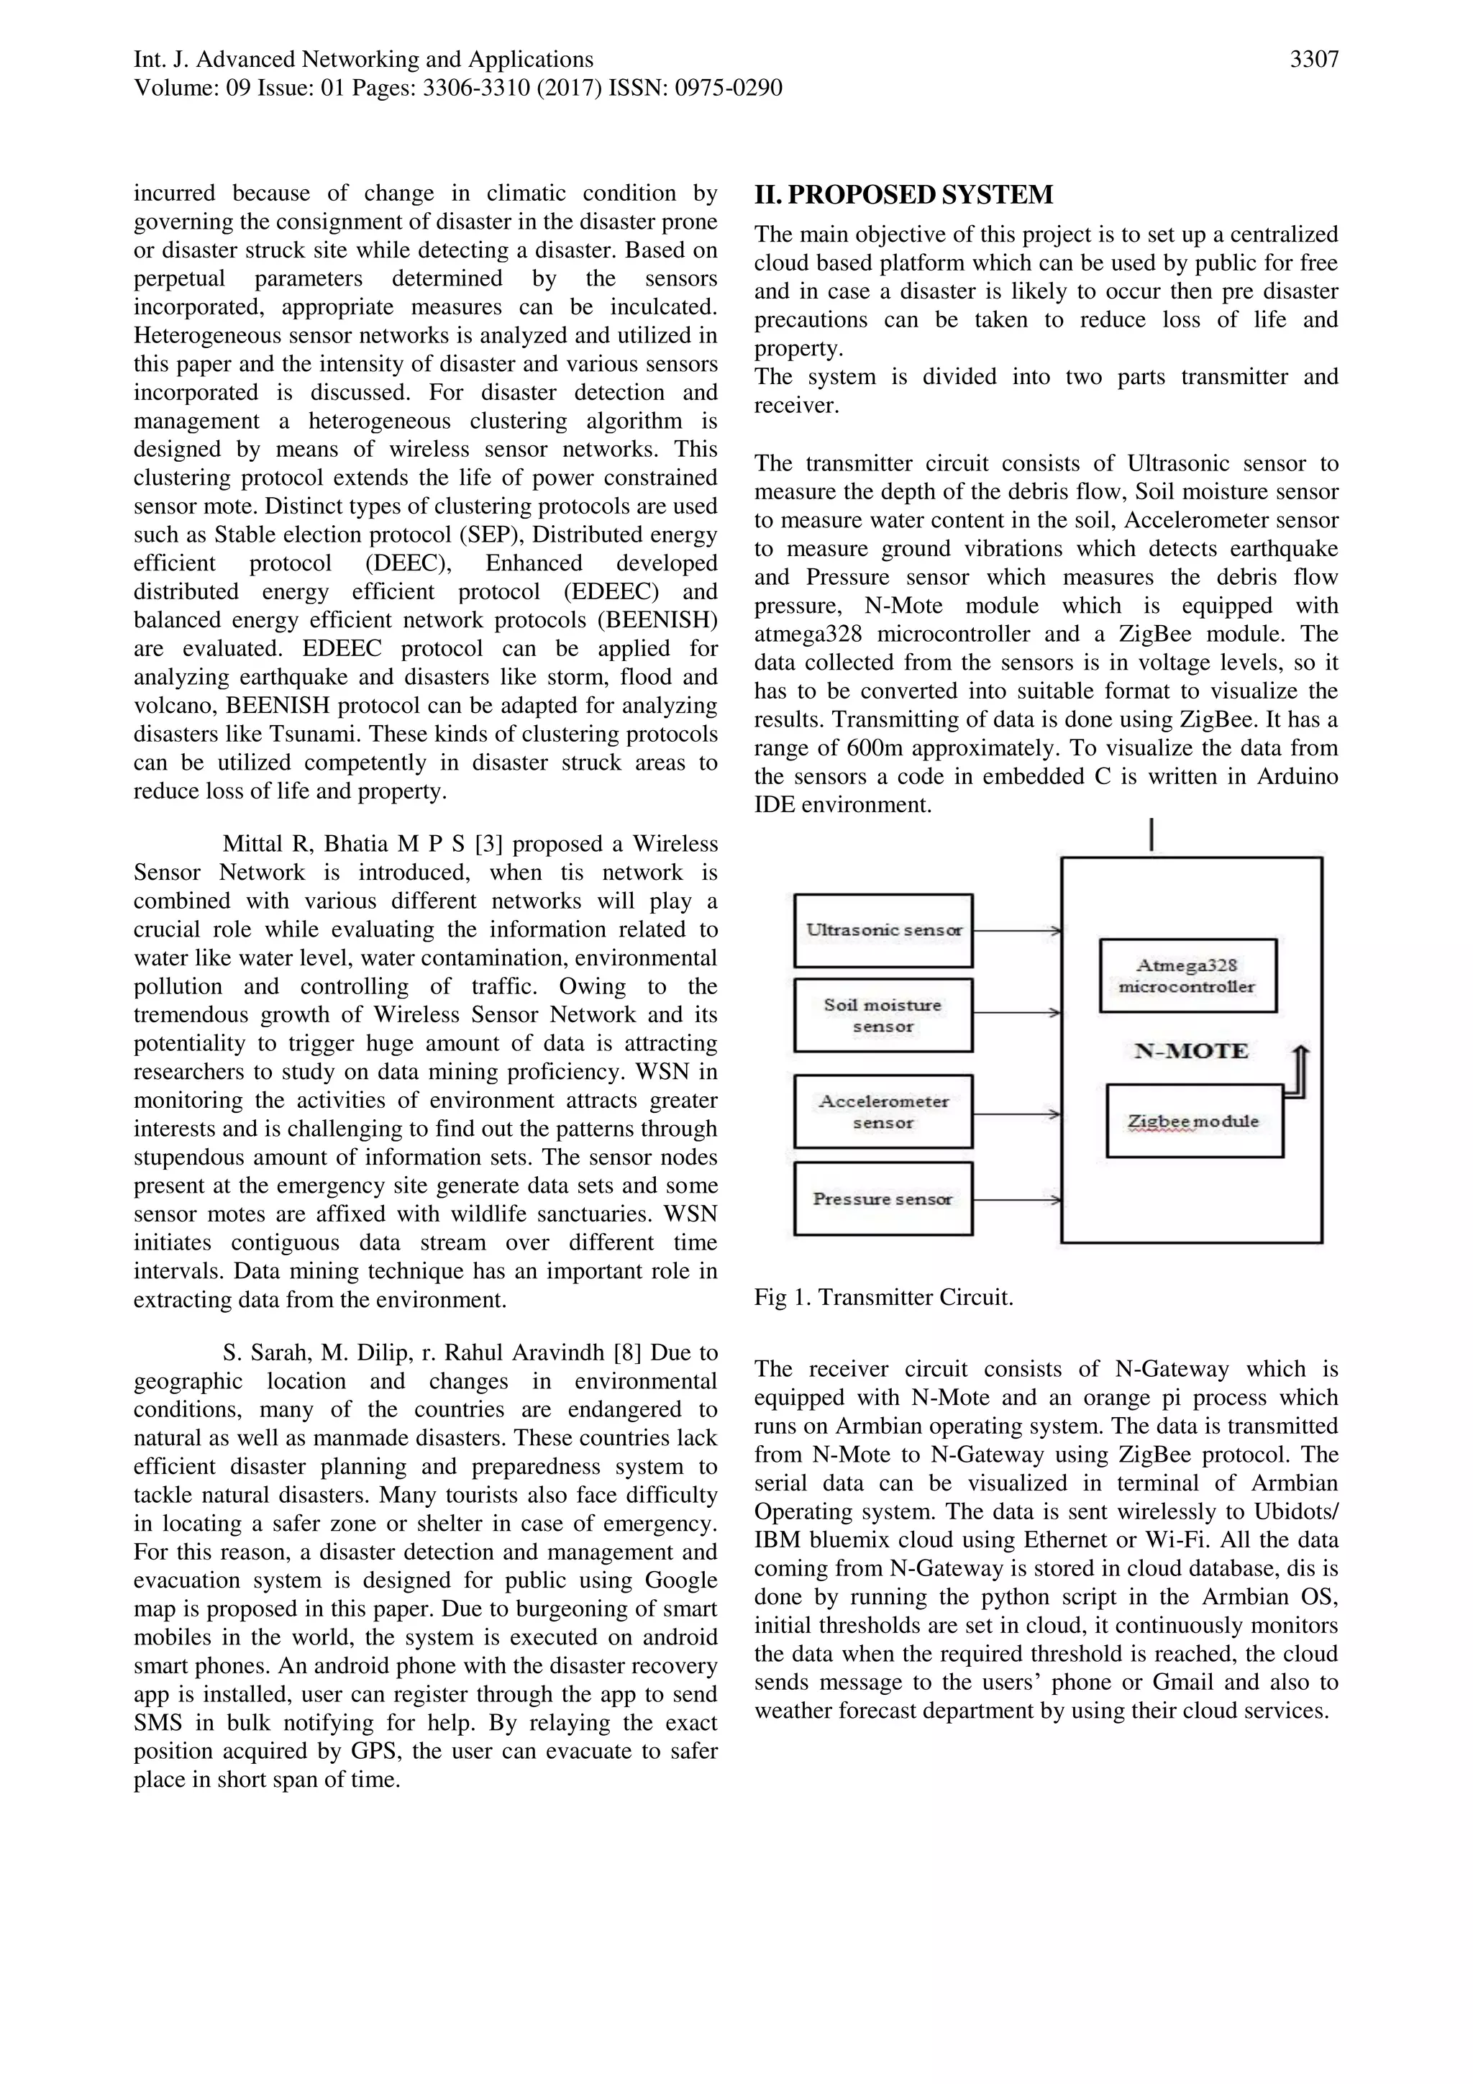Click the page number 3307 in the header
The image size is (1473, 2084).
(x=1313, y=60)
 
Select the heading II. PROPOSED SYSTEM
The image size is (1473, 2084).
(x=903, y=195)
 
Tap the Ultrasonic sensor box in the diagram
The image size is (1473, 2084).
(x=883, y=930)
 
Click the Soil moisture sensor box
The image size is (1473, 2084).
(x=883, y=1015)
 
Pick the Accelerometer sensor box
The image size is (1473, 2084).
(x=883, y=1112)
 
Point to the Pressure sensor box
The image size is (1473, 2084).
(x=883, y=1199)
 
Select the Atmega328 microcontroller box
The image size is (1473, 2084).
(x=1187, y=975)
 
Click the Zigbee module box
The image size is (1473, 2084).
(x=1193, y=1121)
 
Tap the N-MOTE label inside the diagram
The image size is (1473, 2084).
(x=1191, y=1051)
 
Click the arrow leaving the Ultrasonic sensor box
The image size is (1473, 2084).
(x=1016, y=930)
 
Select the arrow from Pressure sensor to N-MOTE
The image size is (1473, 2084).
(x=1016, y=1200)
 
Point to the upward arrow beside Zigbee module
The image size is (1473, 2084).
(x=1300, y=1071)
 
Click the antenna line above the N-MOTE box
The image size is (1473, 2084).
(x=1151, y=835)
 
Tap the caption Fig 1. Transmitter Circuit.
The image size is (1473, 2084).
(x=883, y=1297)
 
